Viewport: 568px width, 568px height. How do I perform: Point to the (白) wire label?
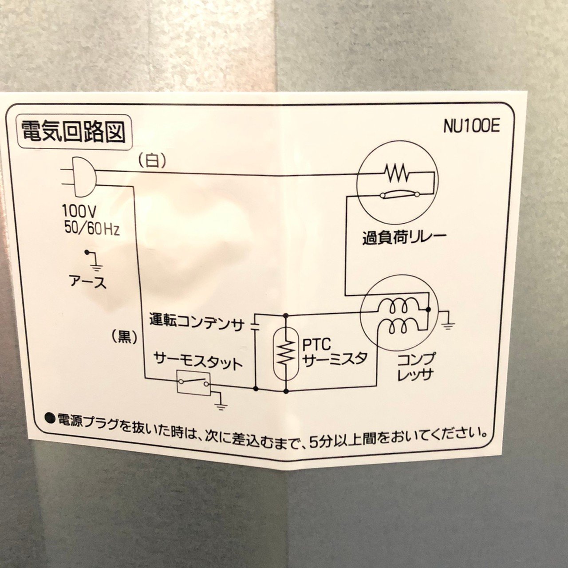pos(152,161)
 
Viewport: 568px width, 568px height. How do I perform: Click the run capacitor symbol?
pos(255,326)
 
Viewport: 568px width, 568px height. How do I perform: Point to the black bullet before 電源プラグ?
pos(51,418)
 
